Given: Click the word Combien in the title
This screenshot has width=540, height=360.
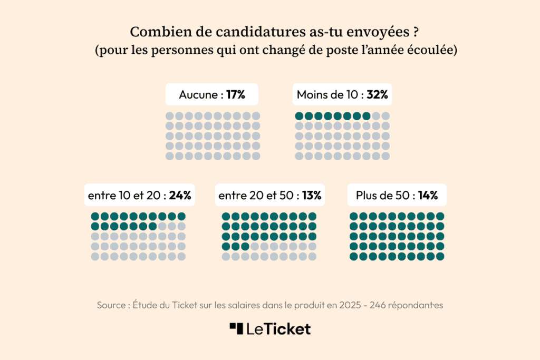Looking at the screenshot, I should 156,32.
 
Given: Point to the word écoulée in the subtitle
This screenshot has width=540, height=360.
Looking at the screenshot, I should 430,51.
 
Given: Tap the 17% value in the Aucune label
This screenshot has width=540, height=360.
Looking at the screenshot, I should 236,95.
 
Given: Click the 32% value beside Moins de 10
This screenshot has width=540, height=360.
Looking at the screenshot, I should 378,95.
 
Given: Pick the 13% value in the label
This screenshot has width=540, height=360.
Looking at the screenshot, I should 311,196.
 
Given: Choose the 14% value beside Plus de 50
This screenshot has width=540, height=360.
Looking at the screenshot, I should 428,196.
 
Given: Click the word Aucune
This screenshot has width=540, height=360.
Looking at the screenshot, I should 198,95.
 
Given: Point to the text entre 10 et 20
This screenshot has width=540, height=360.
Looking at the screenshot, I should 124,196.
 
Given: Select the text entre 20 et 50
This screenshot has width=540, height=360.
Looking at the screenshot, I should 255,196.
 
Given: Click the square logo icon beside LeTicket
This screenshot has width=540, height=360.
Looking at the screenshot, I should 236,328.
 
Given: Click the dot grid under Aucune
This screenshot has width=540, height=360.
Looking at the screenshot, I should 213,136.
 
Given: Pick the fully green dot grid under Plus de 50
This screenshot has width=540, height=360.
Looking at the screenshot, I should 397,236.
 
